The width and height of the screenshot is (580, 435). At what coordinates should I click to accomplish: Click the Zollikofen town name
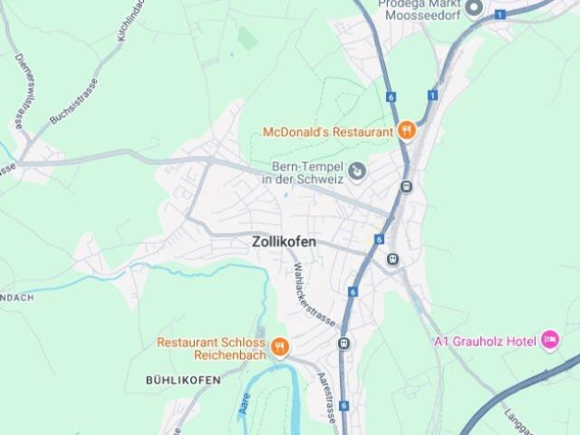tap(284, 242)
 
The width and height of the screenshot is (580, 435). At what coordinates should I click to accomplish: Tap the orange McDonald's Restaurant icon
tap(407, 130)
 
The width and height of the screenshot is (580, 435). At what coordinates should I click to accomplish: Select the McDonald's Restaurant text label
tap(328, 131)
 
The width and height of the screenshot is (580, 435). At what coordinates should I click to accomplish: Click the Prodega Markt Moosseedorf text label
tap(420, 10)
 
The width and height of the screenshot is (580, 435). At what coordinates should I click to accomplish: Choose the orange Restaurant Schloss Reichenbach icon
tap(281, 346)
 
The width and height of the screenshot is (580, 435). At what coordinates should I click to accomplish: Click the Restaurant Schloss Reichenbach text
tap(211, 349)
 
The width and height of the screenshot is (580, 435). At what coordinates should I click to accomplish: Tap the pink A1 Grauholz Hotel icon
tap(549, 341)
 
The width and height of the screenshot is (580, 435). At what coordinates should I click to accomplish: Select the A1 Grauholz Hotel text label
tap(483, 342)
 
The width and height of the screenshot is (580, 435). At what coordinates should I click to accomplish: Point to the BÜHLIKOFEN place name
tap(183, 381)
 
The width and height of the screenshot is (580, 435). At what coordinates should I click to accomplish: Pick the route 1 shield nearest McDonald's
tap(433, 95)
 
